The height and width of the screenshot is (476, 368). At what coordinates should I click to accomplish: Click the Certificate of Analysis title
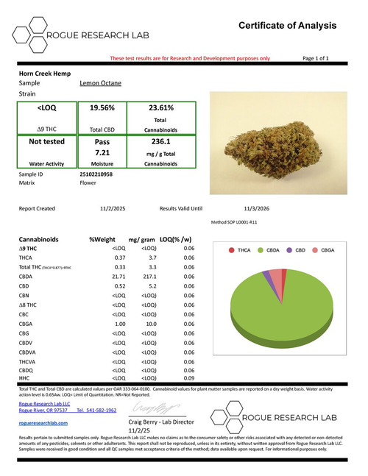click(x=288, y=26)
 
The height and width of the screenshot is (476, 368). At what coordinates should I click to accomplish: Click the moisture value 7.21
click(x=102, y=152)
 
